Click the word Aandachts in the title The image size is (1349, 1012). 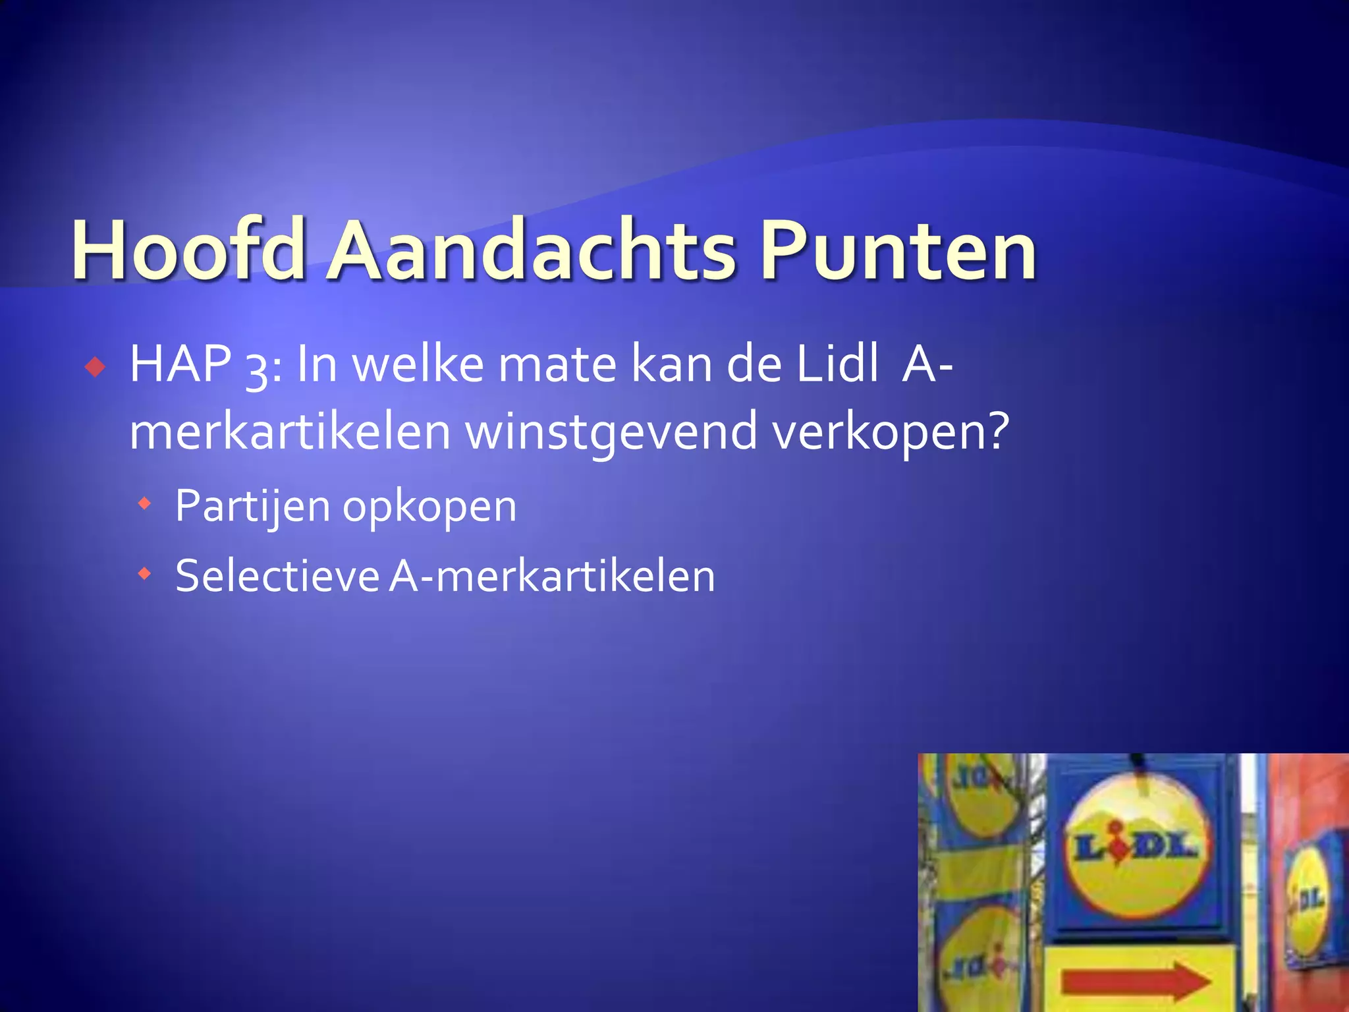point(532,250)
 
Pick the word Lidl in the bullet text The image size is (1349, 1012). point(837,364)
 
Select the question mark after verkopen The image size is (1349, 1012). point(995,430)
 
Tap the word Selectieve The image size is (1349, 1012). point(277,576)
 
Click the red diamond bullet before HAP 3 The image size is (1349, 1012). point(96,367)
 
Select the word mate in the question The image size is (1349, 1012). point(557,364)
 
